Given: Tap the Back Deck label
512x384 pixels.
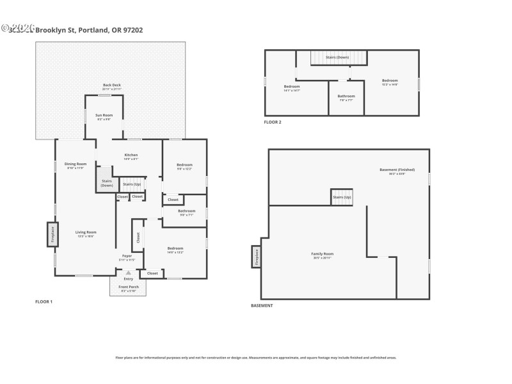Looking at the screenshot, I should (x=111, y=86).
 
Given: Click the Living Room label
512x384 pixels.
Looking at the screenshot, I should (x=86, y=234).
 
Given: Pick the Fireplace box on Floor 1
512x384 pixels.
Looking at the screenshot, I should (x=52, y=234).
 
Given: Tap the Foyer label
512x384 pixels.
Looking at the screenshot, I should (x=127, y=258).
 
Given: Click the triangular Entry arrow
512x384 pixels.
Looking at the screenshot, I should (x=128, y=272).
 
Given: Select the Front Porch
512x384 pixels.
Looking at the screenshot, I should (x=129, y=287).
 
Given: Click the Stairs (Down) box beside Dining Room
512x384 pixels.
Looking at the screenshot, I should (x=106, y=182).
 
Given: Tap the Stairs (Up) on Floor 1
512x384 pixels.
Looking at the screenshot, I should (x=132, y=184).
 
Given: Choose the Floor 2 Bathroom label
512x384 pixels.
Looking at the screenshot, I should (x=346, y=97).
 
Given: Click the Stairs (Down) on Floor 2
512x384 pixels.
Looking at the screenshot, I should (x=337, y=58).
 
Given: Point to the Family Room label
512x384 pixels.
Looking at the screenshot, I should (x=322, y=255).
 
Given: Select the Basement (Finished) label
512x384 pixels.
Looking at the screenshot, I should (x=397, y=171).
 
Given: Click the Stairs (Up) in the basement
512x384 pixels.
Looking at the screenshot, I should (x=342, y=197).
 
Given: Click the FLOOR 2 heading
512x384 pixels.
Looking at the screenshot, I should (x=273, y=122).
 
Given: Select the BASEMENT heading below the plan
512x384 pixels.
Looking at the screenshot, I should (x=262, y=306).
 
